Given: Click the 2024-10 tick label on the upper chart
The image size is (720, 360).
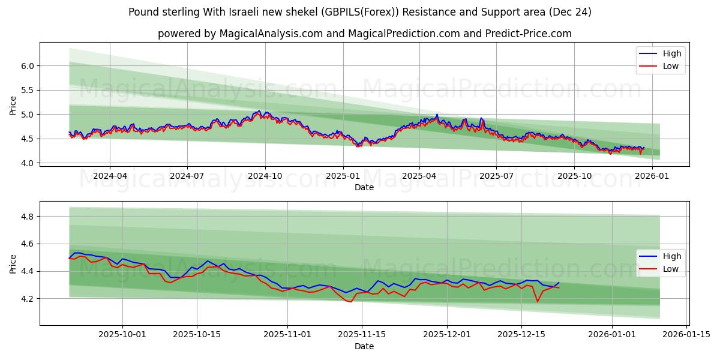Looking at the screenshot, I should click(x=265, y=177).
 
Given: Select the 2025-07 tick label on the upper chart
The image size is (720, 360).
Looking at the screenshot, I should click(x=496, y=177).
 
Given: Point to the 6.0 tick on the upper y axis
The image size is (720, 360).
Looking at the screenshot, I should click(x=26, y=65).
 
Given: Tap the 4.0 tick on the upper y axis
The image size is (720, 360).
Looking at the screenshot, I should click(x=26, y=163).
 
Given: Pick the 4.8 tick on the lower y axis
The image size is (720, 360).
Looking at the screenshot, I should click(x=26, y=216).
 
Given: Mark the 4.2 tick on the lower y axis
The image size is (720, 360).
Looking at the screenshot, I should click(x=26, y=299).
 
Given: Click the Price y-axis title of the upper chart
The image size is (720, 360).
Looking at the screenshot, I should click(x=13, y=105).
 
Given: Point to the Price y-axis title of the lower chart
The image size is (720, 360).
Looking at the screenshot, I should click(x=13, y=263).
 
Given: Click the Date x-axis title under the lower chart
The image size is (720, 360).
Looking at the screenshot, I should click(x=364, y=346).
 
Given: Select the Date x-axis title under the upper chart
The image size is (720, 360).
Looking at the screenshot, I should click(x=364, y=187).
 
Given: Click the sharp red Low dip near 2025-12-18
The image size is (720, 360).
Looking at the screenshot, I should click(x=537, y=301).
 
